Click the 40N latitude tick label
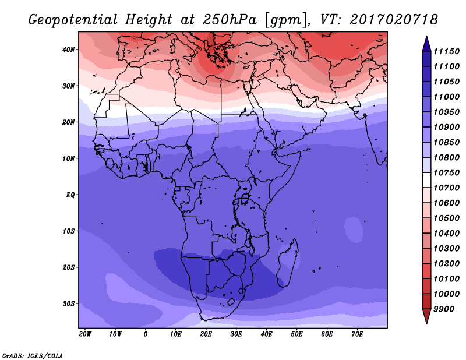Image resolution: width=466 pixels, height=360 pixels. point(68,50)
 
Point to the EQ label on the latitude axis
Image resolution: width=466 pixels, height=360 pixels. point(70,195)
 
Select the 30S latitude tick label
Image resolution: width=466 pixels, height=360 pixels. point(68,304)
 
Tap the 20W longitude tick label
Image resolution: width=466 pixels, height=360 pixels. point(85,334)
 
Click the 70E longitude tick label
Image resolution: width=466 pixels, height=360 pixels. point(357,334)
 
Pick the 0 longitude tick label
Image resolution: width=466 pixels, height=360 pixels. point(145,334)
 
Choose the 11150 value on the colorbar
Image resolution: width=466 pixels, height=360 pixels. point(446,51)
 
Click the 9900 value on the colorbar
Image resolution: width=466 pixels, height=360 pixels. point(444,309)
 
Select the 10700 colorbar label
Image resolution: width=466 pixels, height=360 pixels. point(446,188)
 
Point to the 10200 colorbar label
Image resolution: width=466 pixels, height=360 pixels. point(446,264)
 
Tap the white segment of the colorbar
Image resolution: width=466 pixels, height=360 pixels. point(426,180)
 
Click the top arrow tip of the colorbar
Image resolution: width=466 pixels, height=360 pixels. point(426,36)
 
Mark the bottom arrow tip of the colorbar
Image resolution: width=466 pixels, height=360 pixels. point(426,323)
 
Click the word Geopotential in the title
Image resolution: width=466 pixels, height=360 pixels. point(73,20)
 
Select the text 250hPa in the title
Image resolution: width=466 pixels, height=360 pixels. point(230,20)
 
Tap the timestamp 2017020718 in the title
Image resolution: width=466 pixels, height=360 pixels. point(394,19)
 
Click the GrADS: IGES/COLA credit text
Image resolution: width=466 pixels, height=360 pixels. point(33,355)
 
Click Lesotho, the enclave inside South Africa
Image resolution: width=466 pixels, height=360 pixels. point(231,302)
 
